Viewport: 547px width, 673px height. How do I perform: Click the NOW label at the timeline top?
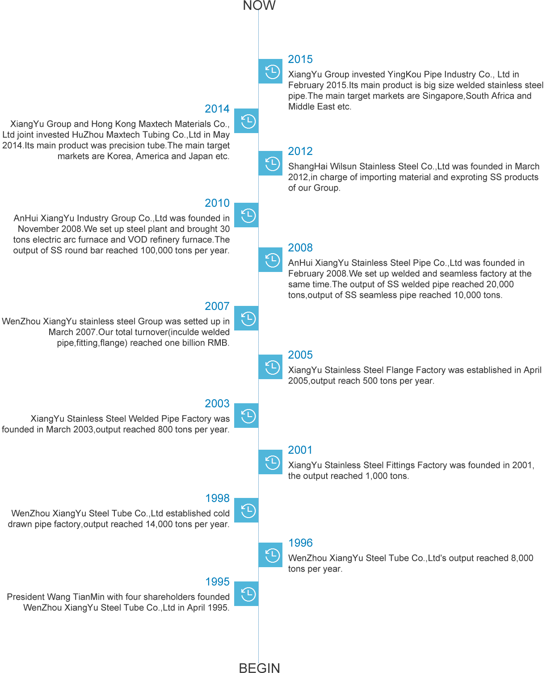point(259,5)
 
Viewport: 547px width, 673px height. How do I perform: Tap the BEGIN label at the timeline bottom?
point(259,667)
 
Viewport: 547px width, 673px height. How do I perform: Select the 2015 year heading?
point(300,59)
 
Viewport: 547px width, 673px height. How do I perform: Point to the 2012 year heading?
point(300,151)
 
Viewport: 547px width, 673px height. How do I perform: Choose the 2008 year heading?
point(300,247)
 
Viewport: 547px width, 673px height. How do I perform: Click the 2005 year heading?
point(300,355)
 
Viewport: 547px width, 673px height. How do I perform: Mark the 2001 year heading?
point(300,450)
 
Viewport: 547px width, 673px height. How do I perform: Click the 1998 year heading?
point(218,498)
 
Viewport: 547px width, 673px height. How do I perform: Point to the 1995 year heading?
point(218,581)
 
